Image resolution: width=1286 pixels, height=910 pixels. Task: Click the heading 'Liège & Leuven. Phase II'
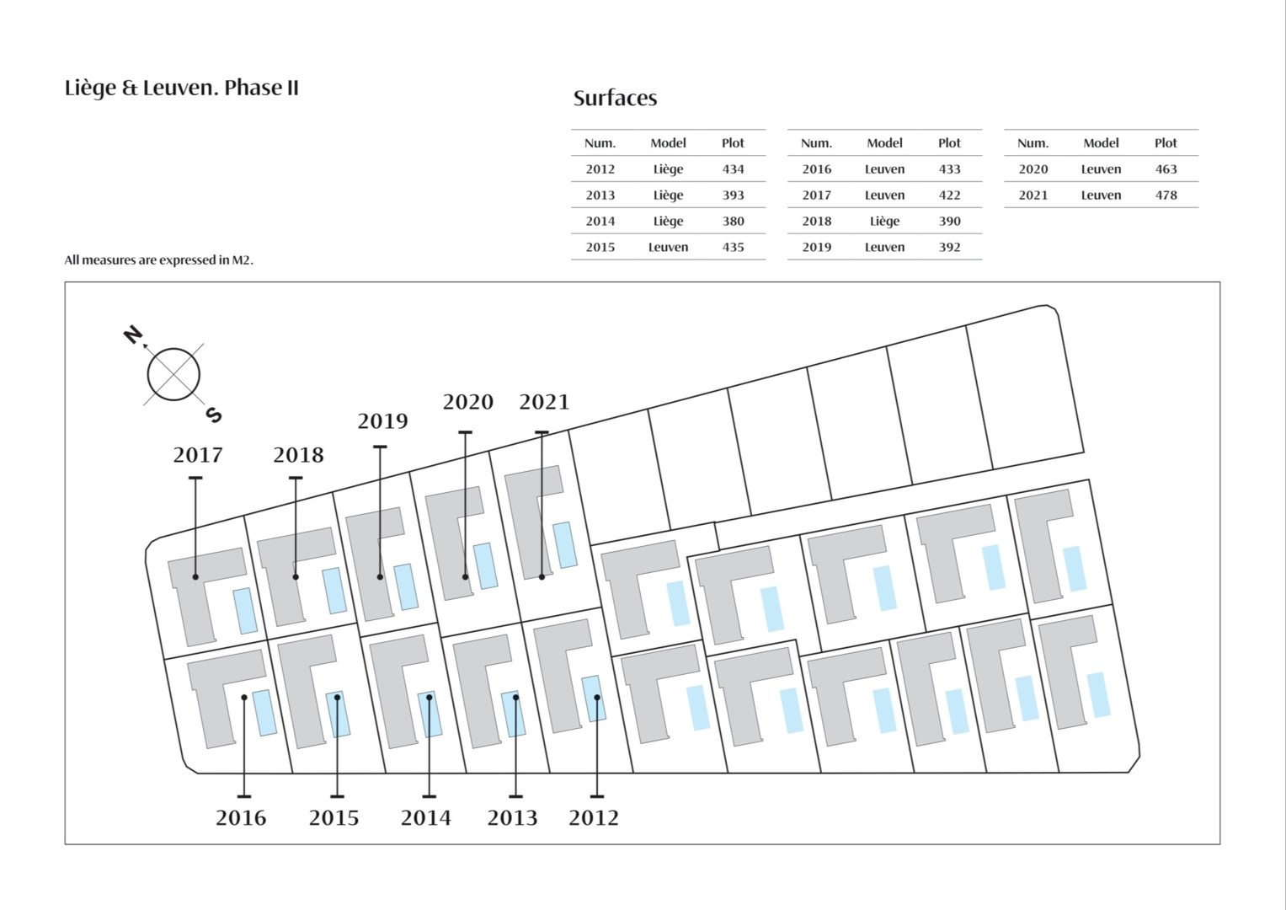tap(181, 88)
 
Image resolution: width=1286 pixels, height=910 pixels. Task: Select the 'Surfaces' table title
tap(615, 99)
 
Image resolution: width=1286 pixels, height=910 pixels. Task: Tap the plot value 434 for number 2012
tap(734, 169)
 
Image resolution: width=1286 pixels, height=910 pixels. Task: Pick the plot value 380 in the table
tap(734, 221)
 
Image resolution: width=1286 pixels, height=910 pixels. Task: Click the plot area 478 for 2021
tap(1166, 195)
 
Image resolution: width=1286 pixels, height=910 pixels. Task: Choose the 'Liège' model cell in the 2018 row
tap(884, 222)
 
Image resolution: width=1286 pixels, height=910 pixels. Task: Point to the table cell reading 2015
tap(600, 247)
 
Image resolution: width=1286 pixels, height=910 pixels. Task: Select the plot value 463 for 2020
tap(1166, 169)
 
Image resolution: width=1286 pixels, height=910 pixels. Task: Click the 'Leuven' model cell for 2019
tap(884, 247)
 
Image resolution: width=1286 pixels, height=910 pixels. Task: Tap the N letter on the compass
tap(133, 335)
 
